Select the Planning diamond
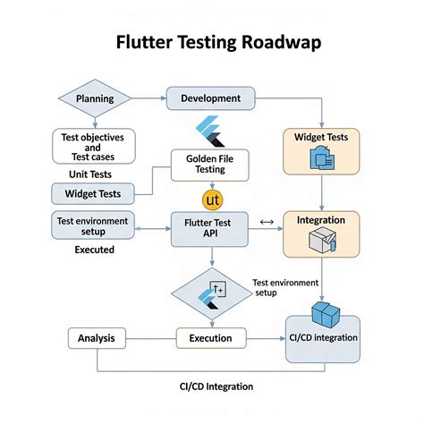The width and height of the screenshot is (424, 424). [x=94, y=98]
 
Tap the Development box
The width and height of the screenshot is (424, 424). [x=210, y=98]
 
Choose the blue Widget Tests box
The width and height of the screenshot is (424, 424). [x=93, y=193]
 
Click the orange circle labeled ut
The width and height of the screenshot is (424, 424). [x=213, y=198]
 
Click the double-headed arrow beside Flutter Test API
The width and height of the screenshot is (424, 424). [x=266, y=221]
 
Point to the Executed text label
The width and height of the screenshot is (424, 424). [x=94, y=250]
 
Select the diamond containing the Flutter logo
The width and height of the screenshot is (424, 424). [x=212, y=293]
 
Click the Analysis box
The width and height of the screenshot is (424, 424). [x=95, y=339]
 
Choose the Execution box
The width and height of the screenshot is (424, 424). [x=210, y=339]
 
